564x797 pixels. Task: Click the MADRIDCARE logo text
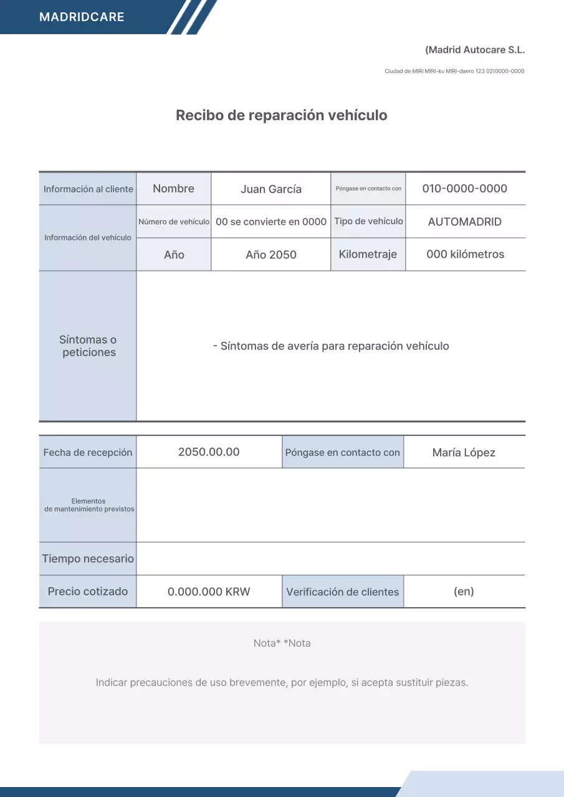pyautogui.click(x=82, y=17)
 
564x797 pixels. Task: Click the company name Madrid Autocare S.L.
pyautogui.click(x=475, y=50)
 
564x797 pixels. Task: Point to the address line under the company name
pyautogui.click(x=454, y=71)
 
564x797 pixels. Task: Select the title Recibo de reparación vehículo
pyautogui.click(x=282, y=115)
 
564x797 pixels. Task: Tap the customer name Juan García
pyautogui.click(x=271, y=189)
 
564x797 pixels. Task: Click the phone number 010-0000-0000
pyautogui.click(x=465, y=189)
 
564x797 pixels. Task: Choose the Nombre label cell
pyautogui.click(x=173, y=189)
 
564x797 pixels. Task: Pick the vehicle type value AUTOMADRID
pyautogui.click(x=465, y=222)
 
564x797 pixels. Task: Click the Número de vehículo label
pyautogui.click(x=174, y=222)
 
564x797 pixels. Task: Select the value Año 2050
pyautogui.click(x=271, y=255)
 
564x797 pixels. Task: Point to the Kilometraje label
pyautogui.click(x=368, y=254)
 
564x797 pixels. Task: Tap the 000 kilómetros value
pyautogui.click(x=465, y=254)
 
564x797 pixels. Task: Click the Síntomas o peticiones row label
pyautogui.click(x=88, y=346)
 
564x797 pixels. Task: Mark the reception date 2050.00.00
pyautogui.click(x=209, y=452)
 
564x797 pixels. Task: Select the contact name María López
pyautogui.click(x=464, y=453)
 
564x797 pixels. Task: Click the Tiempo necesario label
pyautogui.click(x=88, y=559)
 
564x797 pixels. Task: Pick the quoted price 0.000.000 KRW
pyautogui.click(x=209, y=592)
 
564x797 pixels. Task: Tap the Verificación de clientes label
pyautogui.click(x=343, y=592)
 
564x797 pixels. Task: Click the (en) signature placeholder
pyautogui.click(x=464, y=592)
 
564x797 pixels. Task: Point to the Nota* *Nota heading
pyautogui.click(x=282, y=643)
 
